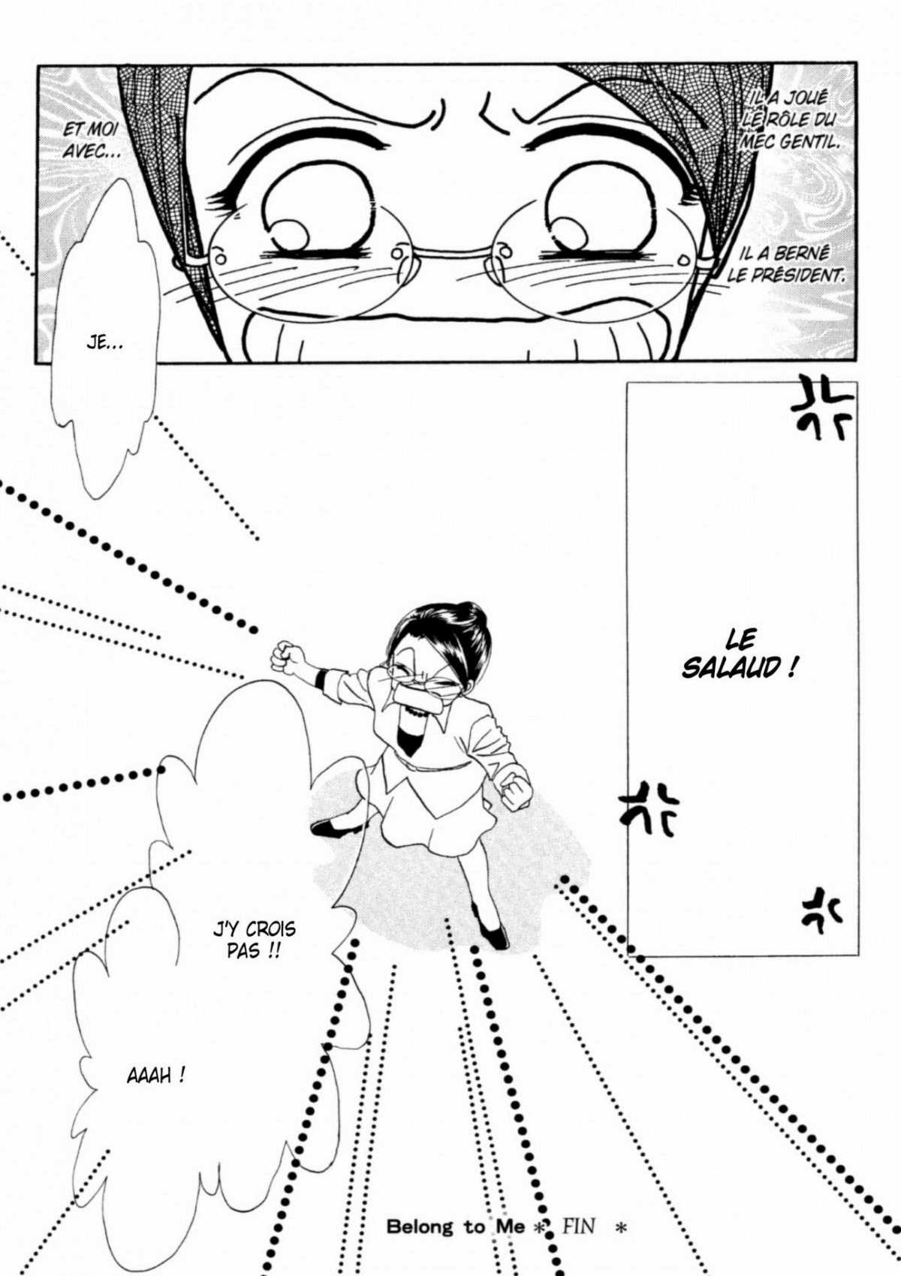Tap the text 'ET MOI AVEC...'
click(91, 139)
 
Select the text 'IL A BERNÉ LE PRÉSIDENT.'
click(785, 263)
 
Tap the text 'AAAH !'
click(155, 1076)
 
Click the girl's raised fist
click(285, 656)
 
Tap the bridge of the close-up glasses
click(450, 251)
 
